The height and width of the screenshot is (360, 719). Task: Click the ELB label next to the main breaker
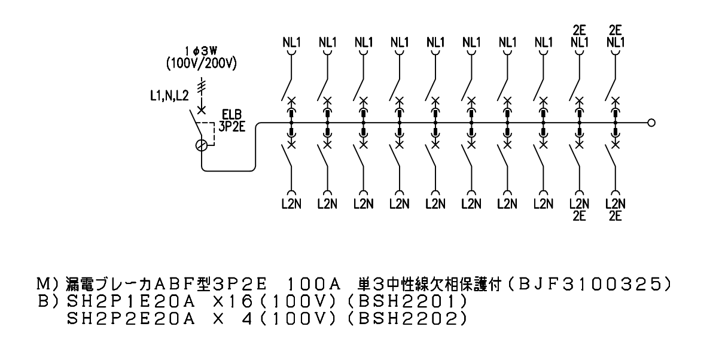tap(231, 115)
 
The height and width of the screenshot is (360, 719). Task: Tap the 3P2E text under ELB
tap(231, 127)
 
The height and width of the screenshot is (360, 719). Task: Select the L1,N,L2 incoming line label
tap(169, 96)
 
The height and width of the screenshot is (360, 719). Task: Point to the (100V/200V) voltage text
tap(201, 64)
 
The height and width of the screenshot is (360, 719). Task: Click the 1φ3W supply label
tap(201, 51)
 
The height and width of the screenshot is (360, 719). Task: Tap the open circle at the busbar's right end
tap(651, 123)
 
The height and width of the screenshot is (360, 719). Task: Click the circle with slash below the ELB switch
tap(201, 146)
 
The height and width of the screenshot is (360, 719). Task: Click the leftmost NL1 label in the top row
tap(291, 42)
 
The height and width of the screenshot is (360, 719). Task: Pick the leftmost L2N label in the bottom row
tap(291, 204)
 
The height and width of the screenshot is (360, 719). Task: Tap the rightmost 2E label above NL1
tap(616, 30)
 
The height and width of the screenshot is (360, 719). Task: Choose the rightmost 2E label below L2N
tap(616, 216)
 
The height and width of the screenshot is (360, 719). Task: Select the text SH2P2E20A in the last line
tap(131, 319)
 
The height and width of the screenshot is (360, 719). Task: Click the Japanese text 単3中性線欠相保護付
tap(429, 285)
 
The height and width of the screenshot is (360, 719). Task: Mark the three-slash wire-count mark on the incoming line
tap(201, 87)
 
